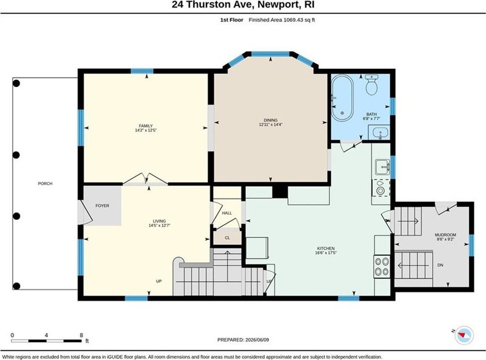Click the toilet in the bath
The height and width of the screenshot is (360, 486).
click(x=371, y=85)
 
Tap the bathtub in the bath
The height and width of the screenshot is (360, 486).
click(x=342, y=97)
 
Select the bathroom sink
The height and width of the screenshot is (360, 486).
click(x=380, y=133)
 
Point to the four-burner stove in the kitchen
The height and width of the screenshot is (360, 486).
click(x=381, y=266)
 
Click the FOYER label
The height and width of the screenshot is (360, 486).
click(x=102, y=205)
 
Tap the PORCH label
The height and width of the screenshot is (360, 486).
click(x=45, y=183)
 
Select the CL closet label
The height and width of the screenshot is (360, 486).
click(x=227, y=238)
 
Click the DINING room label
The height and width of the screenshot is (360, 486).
click(x=271, y=120)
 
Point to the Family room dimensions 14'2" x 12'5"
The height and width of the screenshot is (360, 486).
click(x=146, y=130)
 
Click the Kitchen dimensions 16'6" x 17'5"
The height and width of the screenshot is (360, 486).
click(x=326, y=253)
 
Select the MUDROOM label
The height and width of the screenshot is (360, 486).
click(x=446, y=235)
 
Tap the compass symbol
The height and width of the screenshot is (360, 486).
click(x=464, y=335)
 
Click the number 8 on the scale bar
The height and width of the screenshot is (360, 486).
click(x=81, y=335)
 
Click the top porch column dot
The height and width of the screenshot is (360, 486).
click(x=16, y=83)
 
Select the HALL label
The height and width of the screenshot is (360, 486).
click(x=227, y=213)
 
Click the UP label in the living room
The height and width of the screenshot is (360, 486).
click(x=159, y=281)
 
